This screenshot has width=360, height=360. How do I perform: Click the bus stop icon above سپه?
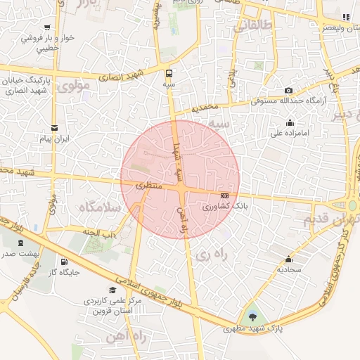[169, 73]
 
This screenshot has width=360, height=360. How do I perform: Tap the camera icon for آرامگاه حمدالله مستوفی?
[288, 91]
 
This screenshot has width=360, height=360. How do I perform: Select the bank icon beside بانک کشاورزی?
[225, 195]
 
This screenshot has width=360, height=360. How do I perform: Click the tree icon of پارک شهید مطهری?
[252, 315]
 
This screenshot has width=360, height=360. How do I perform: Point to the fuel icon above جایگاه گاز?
[65, 262]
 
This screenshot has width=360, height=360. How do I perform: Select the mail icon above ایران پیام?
[55, 128]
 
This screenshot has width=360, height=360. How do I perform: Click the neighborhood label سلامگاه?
[101, 207]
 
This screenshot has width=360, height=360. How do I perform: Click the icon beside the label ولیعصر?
[345, 17]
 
